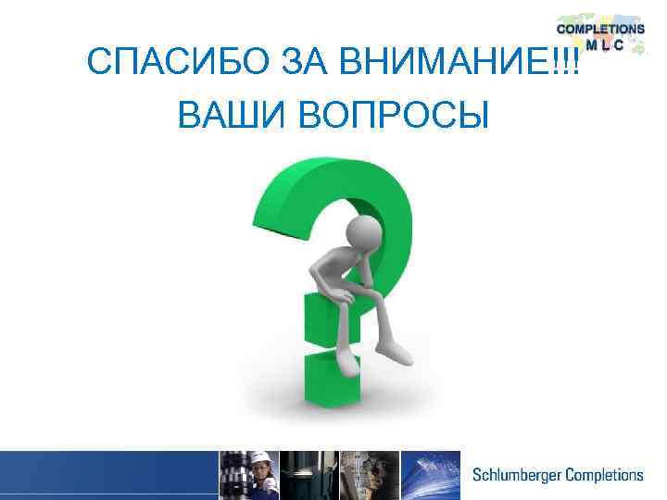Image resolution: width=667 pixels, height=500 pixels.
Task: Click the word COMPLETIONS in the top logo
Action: [600, 29]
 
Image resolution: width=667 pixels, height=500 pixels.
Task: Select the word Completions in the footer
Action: [602, 475]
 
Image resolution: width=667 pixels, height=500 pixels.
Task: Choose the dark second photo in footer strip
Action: [308, 475]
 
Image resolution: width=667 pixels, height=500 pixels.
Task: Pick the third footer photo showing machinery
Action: [369, 475]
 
